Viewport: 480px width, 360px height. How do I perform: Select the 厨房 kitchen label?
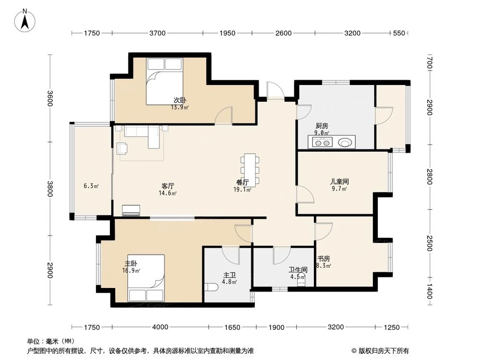[x=322, y=126]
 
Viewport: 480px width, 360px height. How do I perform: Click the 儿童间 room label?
[x=339, y=182]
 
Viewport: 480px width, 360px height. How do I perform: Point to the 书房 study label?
[x=323, y=258]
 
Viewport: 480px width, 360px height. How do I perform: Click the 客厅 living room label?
[x=168, y=186]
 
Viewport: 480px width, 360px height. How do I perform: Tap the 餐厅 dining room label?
[x=242, y=182]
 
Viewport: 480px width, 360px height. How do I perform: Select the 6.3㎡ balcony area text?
[x=91, y=186]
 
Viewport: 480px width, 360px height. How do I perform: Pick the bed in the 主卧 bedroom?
[x=146, y=278]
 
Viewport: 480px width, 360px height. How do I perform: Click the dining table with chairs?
[x=250, y=169]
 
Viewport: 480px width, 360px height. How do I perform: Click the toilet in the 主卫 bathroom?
[x=211, y=287]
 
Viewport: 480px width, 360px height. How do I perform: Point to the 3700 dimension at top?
[x=157, y=33]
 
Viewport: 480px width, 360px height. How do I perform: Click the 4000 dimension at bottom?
[x=160, y=327]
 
